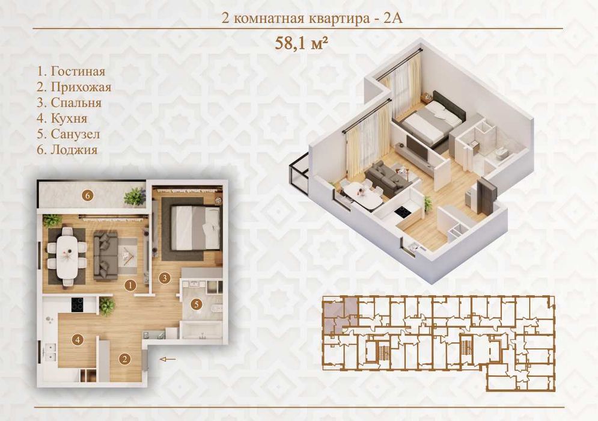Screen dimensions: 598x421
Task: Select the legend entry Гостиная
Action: point(71,72)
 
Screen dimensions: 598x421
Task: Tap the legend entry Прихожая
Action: point(74,87)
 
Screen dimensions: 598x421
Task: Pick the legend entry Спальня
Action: point(69,103)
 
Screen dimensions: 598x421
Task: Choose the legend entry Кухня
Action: point(62,118)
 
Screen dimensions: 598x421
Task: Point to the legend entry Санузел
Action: point(69,134)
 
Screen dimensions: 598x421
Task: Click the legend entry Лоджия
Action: point(67,150)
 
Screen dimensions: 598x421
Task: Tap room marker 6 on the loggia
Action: point(88,196)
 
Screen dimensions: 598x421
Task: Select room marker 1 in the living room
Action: point(130,284)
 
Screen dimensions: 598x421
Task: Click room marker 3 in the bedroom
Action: point(164,278)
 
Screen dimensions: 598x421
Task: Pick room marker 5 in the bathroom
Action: point(197,304)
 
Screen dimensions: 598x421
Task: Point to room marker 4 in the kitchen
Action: point(78,339)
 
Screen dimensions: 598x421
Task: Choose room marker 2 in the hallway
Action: point(125,359)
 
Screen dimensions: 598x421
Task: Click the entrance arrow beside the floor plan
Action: point(168,359)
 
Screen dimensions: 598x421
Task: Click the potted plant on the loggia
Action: point(134,197)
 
